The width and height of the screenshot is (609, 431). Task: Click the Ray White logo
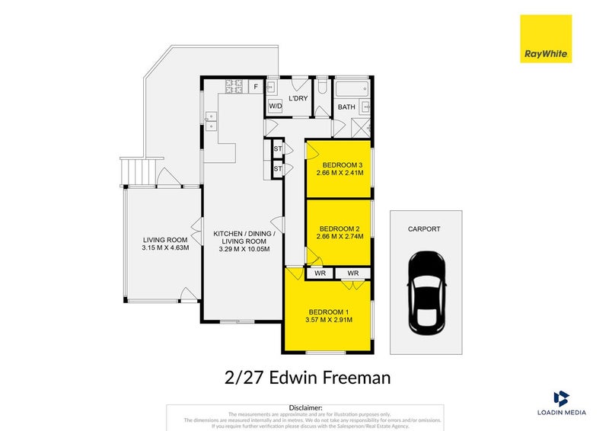tap(545, 39)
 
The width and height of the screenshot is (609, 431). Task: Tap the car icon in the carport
tap(426, 292)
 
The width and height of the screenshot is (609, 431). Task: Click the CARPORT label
tap(424, 228)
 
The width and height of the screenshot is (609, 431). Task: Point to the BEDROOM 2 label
tap(340, 228)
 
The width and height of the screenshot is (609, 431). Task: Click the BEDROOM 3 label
tap(341, 166)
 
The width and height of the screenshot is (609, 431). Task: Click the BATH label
tap(346, 107)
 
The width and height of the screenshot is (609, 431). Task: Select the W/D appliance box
tap(275, 107)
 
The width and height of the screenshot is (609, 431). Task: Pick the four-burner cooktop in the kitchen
tap(235, 87)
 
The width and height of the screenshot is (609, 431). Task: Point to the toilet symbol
tap(323, 87)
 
